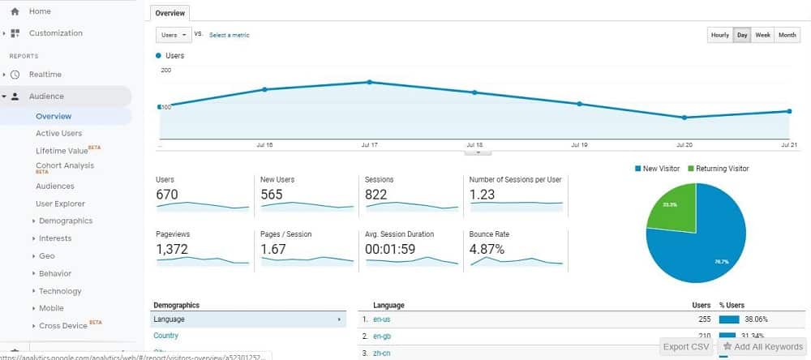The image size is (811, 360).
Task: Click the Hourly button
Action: coord(719,35)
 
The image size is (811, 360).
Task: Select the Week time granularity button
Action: coord(762,35)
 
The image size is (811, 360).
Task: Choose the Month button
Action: coord(787,35)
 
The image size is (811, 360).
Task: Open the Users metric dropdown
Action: coord(174,35)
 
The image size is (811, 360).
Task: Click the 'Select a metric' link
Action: coord(230,35)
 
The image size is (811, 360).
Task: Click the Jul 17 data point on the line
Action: coord(369,82)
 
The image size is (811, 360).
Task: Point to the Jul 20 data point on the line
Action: coord(684,118)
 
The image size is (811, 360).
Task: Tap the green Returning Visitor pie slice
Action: coord(672,205)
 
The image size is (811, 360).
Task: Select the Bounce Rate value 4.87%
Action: coord(487,249)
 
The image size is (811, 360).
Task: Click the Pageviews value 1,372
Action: coord(172,249)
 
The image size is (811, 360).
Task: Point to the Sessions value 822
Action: coord(376,195)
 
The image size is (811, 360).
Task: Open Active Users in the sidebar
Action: coord(58,133)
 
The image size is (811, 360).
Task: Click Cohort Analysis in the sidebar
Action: coord(65,165)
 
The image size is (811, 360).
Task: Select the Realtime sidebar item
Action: coord(45,75)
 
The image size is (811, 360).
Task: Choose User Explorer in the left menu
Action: coord(60,204)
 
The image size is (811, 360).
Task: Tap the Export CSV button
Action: coord(686,347)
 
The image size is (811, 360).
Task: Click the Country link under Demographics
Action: coord(165,336)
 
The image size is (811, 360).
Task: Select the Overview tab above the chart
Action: coord(169,13)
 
